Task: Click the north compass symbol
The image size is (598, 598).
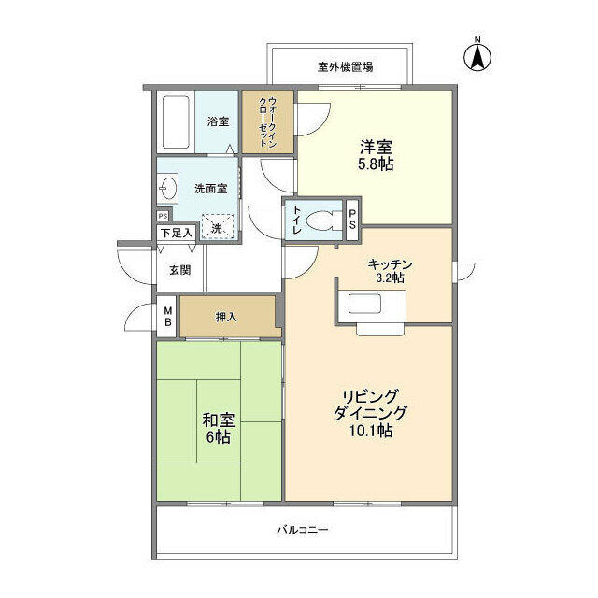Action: (x=477, y=56)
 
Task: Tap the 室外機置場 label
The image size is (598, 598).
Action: (x=345, y=67)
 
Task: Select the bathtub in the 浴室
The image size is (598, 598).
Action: (x=176, y=122)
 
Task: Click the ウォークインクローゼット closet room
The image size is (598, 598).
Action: (x=268, y=122)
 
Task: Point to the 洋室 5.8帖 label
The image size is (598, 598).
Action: (x=376, y=155)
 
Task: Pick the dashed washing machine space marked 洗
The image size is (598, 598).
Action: (x=217, y=226)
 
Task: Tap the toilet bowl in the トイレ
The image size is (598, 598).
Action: (x=320, y=221)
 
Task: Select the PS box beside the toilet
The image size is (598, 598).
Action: (x=352, y=220)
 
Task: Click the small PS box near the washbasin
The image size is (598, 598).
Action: (x=163, y=216)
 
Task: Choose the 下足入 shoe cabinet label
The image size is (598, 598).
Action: (x=177, y=233)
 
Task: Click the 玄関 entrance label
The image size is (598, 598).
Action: (x=180, y=270)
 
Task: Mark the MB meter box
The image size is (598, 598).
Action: (x=167, y=316)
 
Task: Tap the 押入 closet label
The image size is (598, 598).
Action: (x=226, y=317)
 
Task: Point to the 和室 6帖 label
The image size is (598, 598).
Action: (x=219, y=429)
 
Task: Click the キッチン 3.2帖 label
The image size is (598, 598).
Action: (x=390, y=271)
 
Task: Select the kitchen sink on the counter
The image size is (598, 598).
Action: (x=364, y=304)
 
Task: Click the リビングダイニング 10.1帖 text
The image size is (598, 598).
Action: (x=370, y=413)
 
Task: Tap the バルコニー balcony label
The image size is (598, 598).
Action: (x=303, y=530)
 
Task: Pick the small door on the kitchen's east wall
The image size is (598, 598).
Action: (x=463, y=272)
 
